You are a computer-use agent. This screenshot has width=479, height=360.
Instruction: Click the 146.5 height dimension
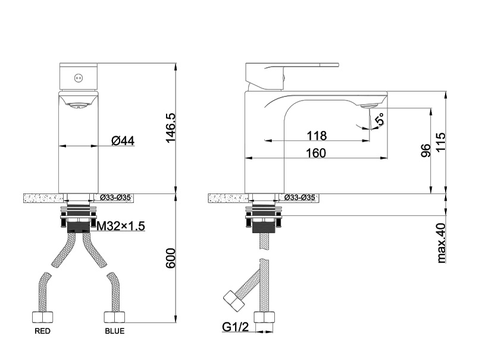click(x=170, y=128)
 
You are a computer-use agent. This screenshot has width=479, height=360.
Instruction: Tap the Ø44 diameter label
click(x=123, y=140)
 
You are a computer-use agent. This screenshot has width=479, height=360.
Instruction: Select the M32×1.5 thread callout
click(x=121, y=226)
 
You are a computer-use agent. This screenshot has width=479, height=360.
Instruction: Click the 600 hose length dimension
click(x=171, y=258)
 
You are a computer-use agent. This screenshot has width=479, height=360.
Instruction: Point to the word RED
click(x=42, y=331)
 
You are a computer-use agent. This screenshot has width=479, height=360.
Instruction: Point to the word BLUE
click(x=115, y=331)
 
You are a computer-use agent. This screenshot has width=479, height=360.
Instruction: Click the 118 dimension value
click(x=317, y=136)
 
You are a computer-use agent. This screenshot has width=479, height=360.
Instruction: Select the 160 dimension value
click(x=316, y=153)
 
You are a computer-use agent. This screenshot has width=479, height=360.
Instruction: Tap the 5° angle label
click(x=381, y=119)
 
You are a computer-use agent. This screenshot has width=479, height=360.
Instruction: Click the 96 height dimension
click(x=425, y=151)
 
